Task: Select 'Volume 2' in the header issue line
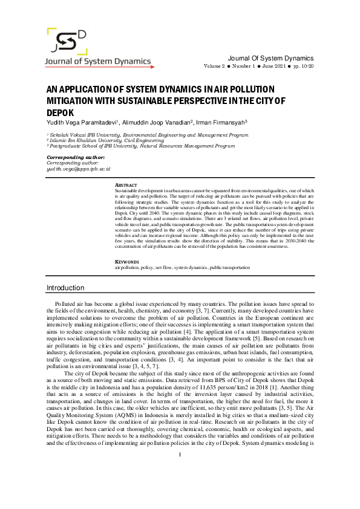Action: (x=214, y=65)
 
